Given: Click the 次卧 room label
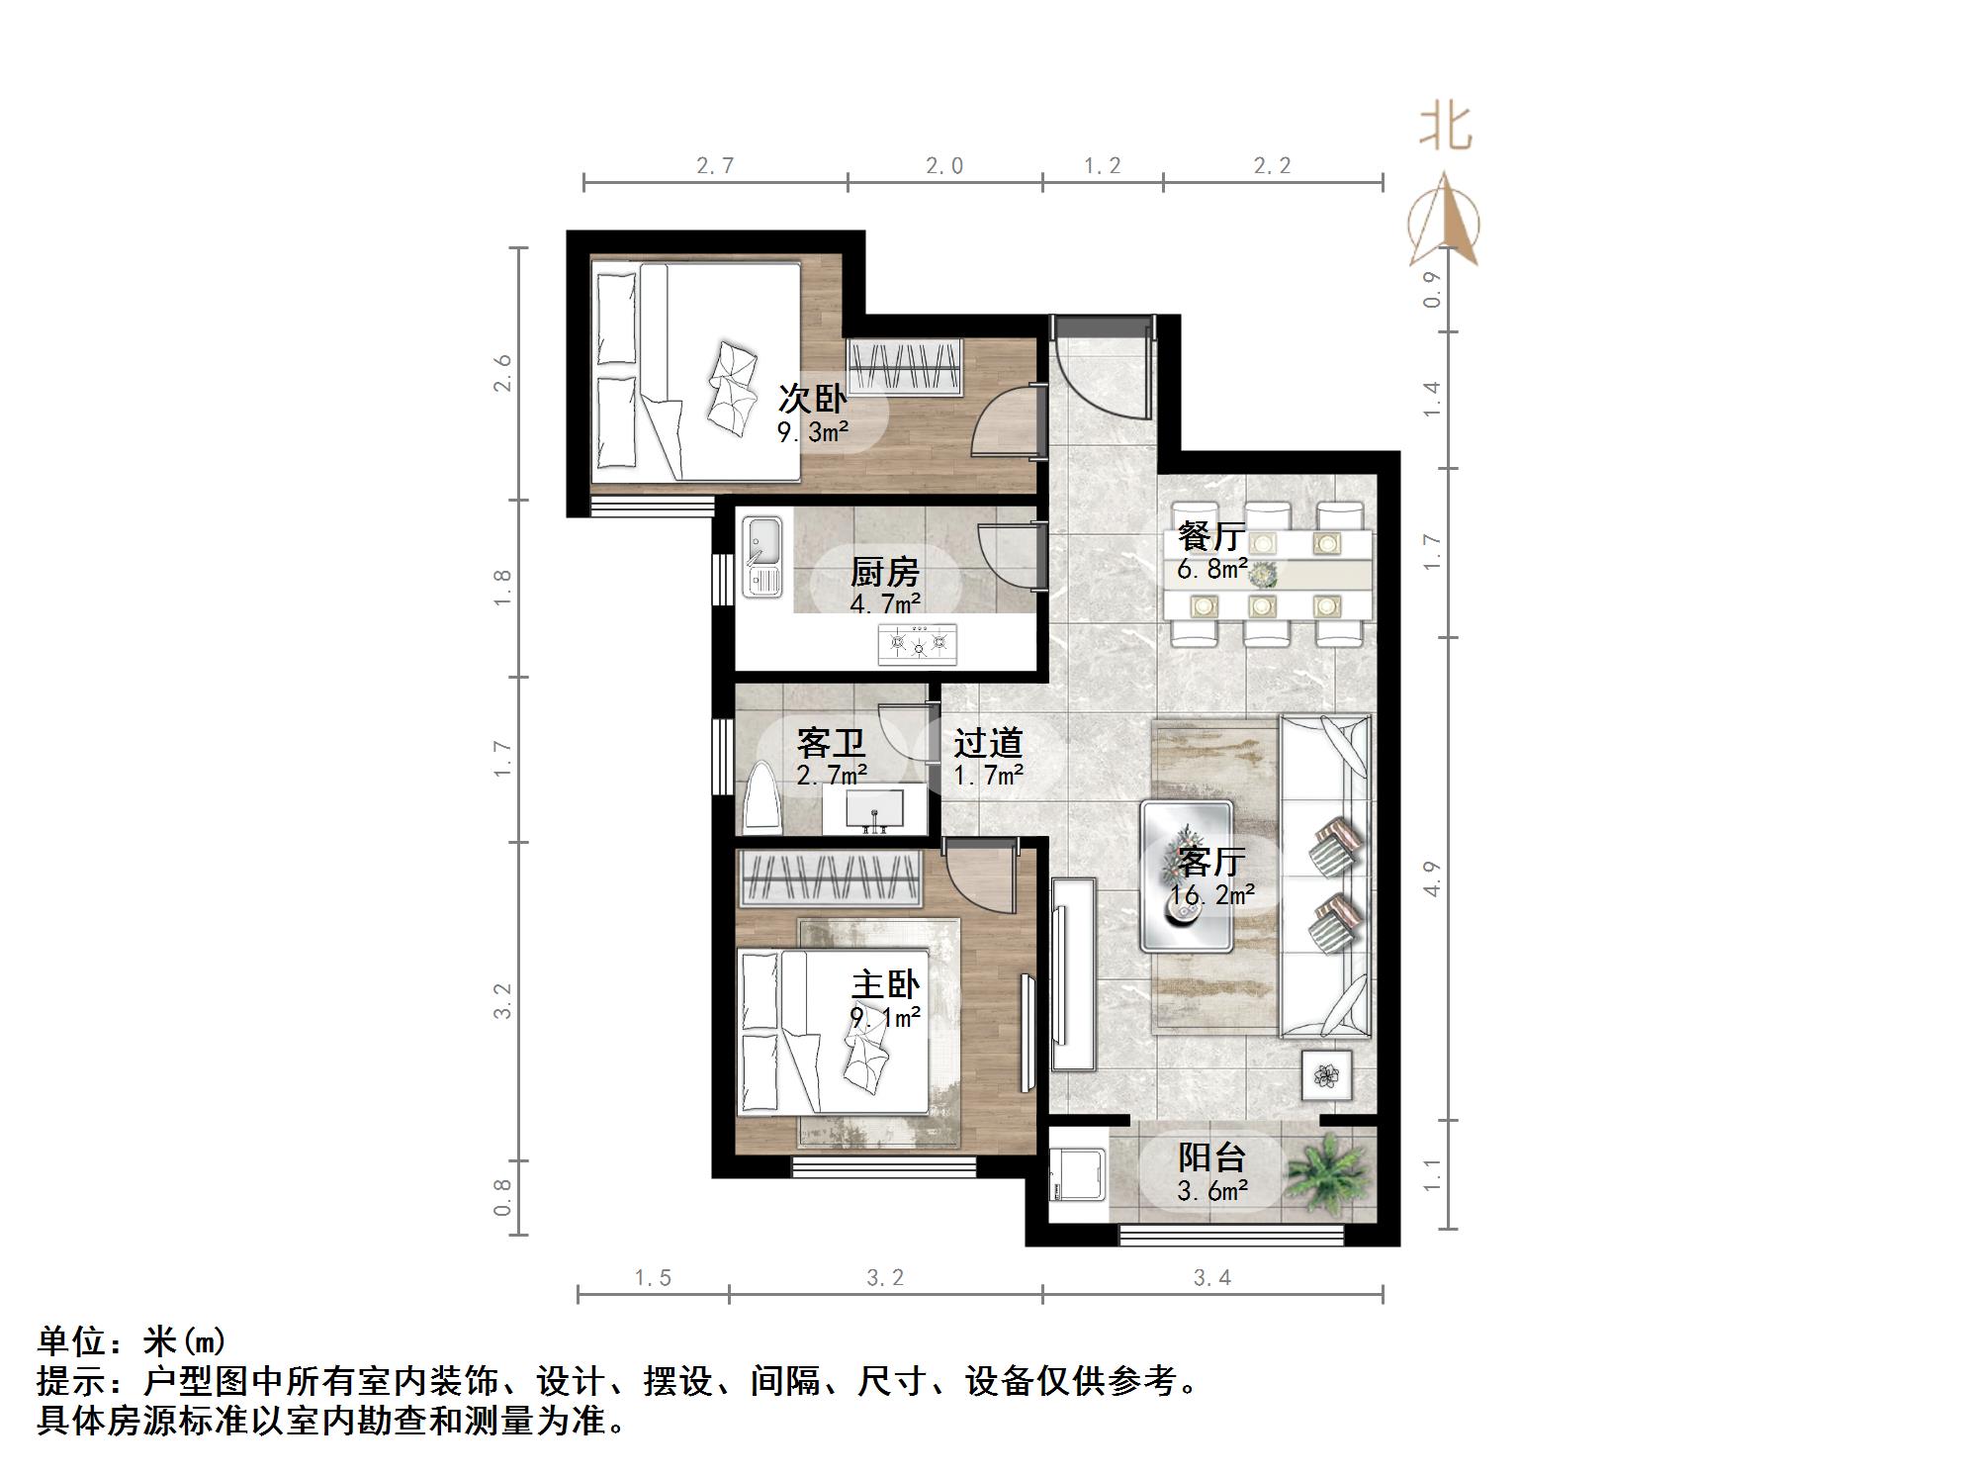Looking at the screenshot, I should click(x=812, y=399).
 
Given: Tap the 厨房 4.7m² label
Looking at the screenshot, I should click(x=885, y=586).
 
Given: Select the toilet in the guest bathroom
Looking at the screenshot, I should click(x=762, y=796).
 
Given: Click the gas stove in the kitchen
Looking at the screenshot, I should click(x=917, y=643).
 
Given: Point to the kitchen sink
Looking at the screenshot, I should click(x=762, y=557).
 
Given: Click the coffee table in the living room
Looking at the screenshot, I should click(x=1187, y=876).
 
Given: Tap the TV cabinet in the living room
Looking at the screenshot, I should click(x=1074, y=973).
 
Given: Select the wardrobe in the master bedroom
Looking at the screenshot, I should click(x=830, y=878).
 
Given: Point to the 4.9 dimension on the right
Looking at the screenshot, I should click(x=1431, y=878).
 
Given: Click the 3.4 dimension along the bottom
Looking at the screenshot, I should click(x=1211, y=1277).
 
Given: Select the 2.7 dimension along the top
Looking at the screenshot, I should click(x=714, y=165).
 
